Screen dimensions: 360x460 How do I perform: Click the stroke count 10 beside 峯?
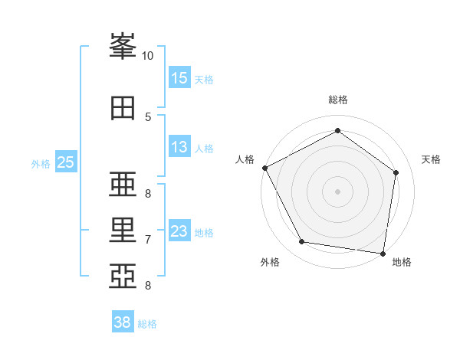tap(147, 56)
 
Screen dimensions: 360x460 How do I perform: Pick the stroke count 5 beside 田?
tap(147, 116)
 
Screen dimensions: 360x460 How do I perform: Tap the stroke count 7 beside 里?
tap(147, 240)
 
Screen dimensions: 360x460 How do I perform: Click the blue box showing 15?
tap(179, 78)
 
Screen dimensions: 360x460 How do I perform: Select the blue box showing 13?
tap(179, 148)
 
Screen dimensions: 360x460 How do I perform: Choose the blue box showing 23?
tap(179, 231)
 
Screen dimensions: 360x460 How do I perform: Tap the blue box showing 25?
tap(65, 162)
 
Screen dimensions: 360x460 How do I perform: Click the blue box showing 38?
tap(122, 322)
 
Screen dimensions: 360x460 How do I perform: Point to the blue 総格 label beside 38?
tap(147, 324)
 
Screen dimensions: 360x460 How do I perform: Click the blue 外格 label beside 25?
tap(41, 163)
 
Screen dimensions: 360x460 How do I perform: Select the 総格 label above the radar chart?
tap(337, 100)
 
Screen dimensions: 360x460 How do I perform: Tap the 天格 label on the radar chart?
tap(432, 159)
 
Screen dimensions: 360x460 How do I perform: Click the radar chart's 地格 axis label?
tap(402, 262)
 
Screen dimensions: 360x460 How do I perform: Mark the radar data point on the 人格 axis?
tap(264, 168)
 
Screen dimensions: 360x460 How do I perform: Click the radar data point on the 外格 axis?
tap(301, 243)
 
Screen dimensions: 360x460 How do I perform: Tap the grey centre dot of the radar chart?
tap(337, 191)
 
